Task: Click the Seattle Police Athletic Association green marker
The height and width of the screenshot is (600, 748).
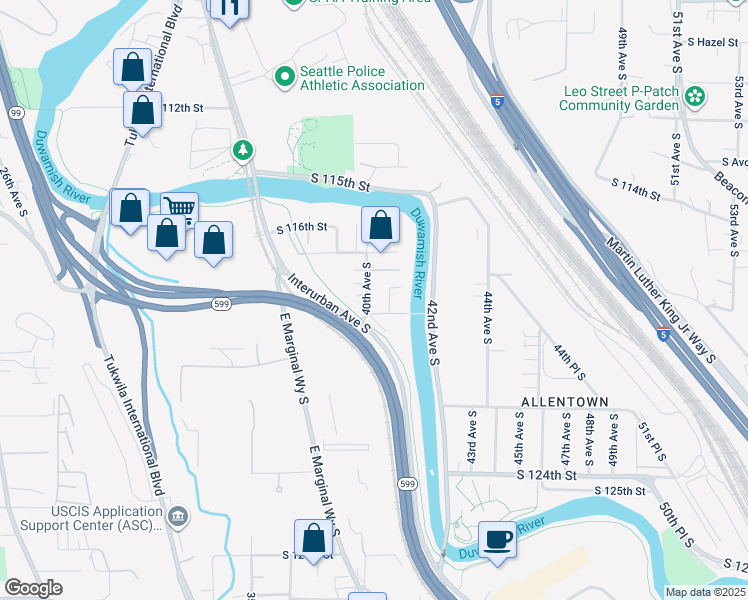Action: pos(285,76)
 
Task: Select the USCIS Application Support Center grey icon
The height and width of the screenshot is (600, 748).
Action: pos(178,516)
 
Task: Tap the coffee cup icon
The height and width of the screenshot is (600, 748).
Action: pos(497,540)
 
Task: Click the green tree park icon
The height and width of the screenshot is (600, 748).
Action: pos(242,150)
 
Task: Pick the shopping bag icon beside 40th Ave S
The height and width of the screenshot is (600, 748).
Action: pos(380,225)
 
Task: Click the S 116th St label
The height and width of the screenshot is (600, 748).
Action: pos(302,227)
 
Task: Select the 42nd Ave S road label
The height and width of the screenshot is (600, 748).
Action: pos(433,331)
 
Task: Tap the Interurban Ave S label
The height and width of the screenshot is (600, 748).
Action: pos(330,303)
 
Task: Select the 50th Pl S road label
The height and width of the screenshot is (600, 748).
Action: pos(681,540)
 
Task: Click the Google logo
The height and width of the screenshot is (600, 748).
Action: pos(33,588)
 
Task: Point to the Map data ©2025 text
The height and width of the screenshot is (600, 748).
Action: pos(706,592)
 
